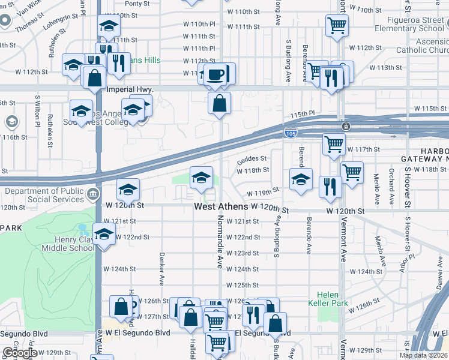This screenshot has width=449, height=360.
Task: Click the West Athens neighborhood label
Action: [220, 206]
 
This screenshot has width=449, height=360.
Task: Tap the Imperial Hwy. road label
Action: [130, 89]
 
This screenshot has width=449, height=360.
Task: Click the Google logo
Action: [20, 353]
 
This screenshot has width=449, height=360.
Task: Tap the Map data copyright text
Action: [423, 355]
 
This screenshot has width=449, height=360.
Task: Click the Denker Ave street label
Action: [162, 267]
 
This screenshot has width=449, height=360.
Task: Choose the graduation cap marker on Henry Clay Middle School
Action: [104, 233]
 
